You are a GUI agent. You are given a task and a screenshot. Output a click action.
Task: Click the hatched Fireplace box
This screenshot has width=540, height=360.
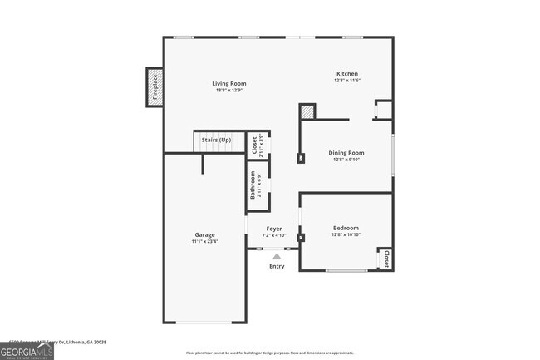click(x=153, y=87)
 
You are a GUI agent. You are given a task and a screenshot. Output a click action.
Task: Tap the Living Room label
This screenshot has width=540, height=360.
click(x=228, y=83)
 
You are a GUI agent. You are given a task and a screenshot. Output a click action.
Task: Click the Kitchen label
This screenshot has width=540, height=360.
click(x=346, y=73)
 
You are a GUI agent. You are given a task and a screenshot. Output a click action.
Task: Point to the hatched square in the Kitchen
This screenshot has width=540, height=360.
click(x=307, y=111)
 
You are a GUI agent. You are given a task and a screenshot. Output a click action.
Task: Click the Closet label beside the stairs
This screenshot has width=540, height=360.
click(x=254, y=144)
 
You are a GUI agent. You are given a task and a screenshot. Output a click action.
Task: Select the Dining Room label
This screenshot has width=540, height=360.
click(x=346, y=153)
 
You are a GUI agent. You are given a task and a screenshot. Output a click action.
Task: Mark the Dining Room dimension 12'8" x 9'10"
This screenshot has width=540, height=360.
click(x=346, y=160)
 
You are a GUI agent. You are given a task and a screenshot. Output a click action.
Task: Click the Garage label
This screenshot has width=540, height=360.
click(x=204, y=234)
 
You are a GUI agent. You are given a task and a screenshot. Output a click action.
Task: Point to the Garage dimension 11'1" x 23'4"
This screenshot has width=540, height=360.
click(x=204, y=241)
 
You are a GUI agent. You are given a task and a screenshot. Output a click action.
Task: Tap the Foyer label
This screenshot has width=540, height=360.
click(x=274, y=229)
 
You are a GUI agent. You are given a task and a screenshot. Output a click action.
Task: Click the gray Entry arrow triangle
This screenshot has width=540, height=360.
click(x=277, y=257)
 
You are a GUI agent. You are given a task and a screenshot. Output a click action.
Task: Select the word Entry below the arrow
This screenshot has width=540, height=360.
click(x=277, y=266)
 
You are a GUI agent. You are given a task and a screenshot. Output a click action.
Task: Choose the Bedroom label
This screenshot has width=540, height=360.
click(x=346, y=228)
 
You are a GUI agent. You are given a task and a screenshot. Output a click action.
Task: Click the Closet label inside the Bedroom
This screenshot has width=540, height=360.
click(x=386, y=259)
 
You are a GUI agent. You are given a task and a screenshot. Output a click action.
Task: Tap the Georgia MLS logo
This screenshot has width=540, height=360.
click(x=27, y=351)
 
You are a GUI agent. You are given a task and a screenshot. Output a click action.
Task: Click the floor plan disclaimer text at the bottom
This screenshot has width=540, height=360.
click(x=269, y=353)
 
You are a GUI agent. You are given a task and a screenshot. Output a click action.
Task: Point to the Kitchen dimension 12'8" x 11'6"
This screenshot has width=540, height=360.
click(x=346, y=80)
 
